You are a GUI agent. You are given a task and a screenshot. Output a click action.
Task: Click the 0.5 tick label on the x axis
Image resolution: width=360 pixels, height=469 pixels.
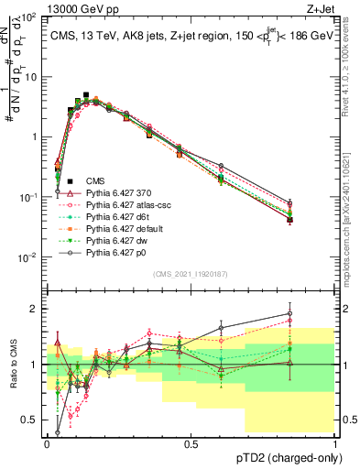(191, 442)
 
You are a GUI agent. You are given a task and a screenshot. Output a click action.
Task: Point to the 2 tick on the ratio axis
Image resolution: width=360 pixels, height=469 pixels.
(35, 309)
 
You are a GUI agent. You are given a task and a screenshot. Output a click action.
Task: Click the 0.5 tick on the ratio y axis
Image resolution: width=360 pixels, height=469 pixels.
(31, 420)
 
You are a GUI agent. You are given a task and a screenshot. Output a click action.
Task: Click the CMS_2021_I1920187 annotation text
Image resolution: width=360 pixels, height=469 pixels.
(190, 274)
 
